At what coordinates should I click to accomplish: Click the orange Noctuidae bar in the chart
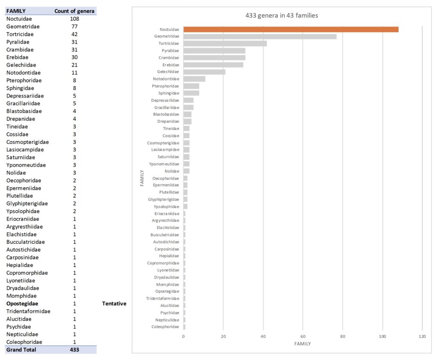(x=291, y=30)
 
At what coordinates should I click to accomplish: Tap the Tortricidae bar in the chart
(x=225, y=44)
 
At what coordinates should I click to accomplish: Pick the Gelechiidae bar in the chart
(x=204, y=72)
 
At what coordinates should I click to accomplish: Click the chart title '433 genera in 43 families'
(x=281, y=16)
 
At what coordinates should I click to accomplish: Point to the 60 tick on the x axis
(x=303, y=336)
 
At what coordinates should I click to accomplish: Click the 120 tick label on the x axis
(x=422, y=336)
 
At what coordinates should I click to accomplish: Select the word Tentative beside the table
(x=114, y=303)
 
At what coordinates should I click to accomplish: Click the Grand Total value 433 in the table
(x=74, y=350)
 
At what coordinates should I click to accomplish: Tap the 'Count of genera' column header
(x=74, y=11)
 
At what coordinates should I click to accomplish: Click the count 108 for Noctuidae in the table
(x=74, y=18)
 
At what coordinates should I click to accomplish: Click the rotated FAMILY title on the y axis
(x=142, y=178)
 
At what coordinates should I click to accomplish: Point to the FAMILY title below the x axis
(x=302, y=344)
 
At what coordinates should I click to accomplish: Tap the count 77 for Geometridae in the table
(x=74, y=26)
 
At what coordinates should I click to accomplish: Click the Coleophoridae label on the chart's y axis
(x=165, y=327)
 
